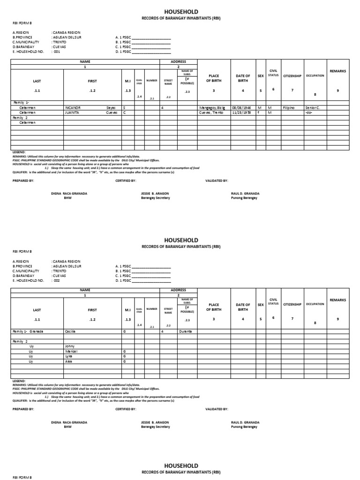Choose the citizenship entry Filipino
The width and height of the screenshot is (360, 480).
click(x=289, y=107)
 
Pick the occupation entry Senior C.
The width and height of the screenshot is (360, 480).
click(x=313, y=107)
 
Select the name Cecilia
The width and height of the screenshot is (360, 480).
click(x=70, y=331)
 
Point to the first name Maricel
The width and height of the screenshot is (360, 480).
click(x=71, y=352)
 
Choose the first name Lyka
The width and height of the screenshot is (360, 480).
click(x=69, y=357)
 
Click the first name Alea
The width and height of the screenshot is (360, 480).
click(x=69, y=362)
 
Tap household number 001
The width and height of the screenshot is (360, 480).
click(x=57, y=52)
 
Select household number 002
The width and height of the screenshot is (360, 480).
click(x=57, y=280)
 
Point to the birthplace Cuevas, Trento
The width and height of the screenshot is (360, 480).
click(x=212, y=112)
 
